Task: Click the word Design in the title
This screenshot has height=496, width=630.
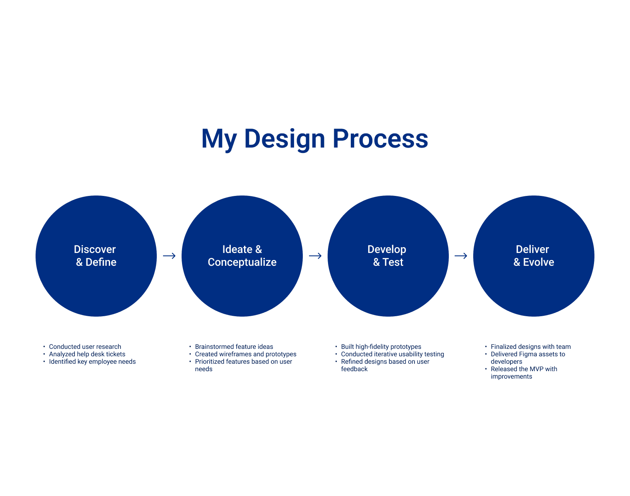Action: [x=285, y=139]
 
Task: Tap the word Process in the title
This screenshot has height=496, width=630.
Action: [x=380, y=139]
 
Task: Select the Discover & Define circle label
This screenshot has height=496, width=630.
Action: [x=96, y=256]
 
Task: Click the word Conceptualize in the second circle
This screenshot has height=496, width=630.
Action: [x=242, y=262]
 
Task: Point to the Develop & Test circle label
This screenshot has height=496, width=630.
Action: [x=388, y=256]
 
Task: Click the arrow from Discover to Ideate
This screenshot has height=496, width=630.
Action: [x=169, y=256]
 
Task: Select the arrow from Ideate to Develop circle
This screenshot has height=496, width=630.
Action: [x=315, y=256]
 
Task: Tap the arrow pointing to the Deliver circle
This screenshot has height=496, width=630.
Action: [x=461, y=256]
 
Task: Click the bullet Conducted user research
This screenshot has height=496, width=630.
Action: [x=85, y=347]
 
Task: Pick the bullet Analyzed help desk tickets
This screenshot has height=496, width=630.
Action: [x=87, y=354]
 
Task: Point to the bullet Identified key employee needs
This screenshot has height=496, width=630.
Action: [x=92, y=362]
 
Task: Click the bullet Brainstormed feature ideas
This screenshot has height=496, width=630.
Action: [x=234, y=347]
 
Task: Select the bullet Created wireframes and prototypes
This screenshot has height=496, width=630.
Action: [x=246, y=354]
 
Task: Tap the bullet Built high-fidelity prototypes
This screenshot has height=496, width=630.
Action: [x=381, y=347]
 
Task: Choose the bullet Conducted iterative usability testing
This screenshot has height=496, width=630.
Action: [x=392, y=354]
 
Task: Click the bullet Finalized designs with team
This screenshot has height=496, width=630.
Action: [x=530, y=347]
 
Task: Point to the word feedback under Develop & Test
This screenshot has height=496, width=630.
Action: [x=354, y=369]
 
